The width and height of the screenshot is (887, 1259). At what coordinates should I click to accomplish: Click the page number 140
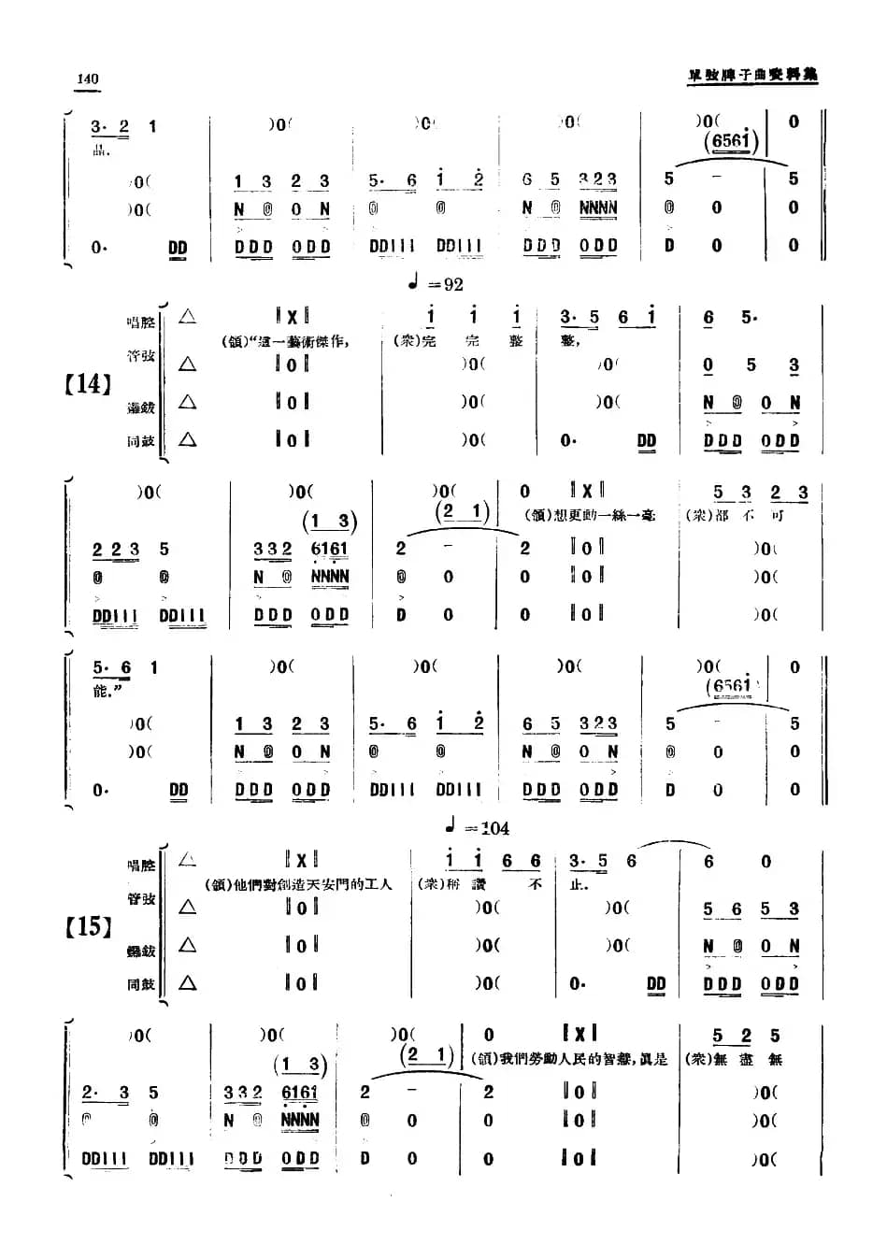click(87, 79)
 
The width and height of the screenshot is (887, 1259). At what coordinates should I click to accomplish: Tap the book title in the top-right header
click(752, 75)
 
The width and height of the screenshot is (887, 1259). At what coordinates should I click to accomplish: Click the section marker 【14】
click(88, 383)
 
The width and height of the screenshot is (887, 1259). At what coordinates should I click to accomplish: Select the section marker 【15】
click(88, 926)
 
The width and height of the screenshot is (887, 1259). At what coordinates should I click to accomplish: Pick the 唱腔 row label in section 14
click(140, 322)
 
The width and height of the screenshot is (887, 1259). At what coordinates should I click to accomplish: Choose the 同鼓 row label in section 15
click(140, 984)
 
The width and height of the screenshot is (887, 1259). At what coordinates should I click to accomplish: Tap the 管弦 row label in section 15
click(140, 899)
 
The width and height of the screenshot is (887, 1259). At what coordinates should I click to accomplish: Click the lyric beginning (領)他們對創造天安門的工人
click(298, 884)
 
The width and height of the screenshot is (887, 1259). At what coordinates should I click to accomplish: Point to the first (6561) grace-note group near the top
click(731, 141)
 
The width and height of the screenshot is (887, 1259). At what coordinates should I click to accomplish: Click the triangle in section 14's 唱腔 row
click(188, 317)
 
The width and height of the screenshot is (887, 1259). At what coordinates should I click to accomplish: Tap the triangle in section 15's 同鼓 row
click(188, 982)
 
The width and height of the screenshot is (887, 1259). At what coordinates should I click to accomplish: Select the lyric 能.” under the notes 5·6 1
click(108, 692)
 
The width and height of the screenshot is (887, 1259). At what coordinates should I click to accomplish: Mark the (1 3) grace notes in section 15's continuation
click(302, 1065)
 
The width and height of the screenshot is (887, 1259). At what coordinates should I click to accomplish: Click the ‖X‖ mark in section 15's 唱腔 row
click(301, 859)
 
